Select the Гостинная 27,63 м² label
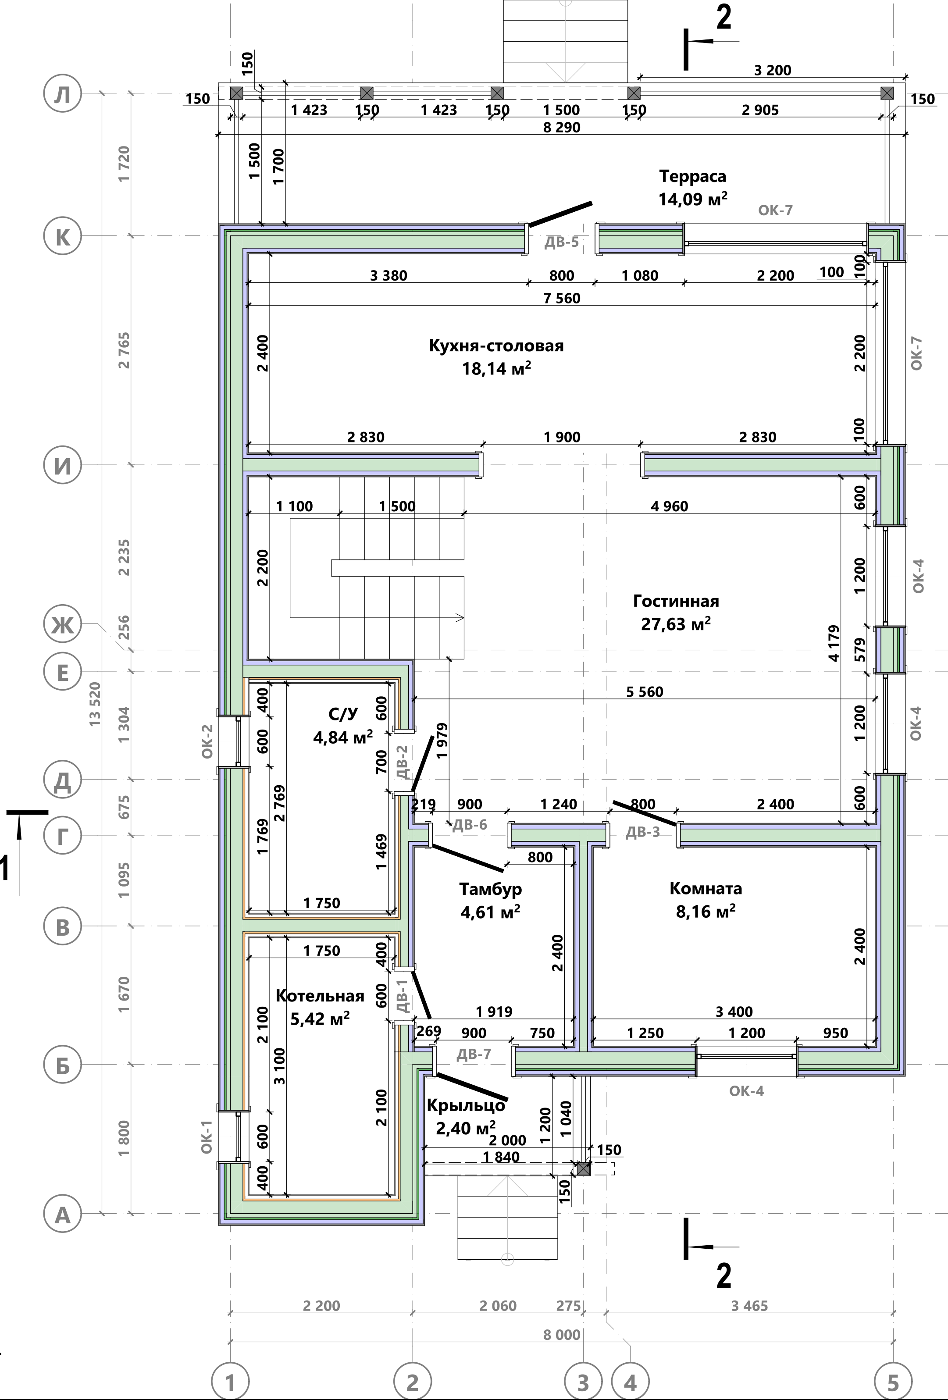pos(676,612)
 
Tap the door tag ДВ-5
pos(561,242)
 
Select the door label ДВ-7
pos(474,1054)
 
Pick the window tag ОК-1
pos(207,1137)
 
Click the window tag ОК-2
pos(207,741)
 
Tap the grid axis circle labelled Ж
pos(63,625)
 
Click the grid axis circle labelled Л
pos(63,95)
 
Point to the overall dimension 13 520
pos(95,704)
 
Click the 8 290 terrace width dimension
pos(561,128)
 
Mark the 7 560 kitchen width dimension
pos(561,298)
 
